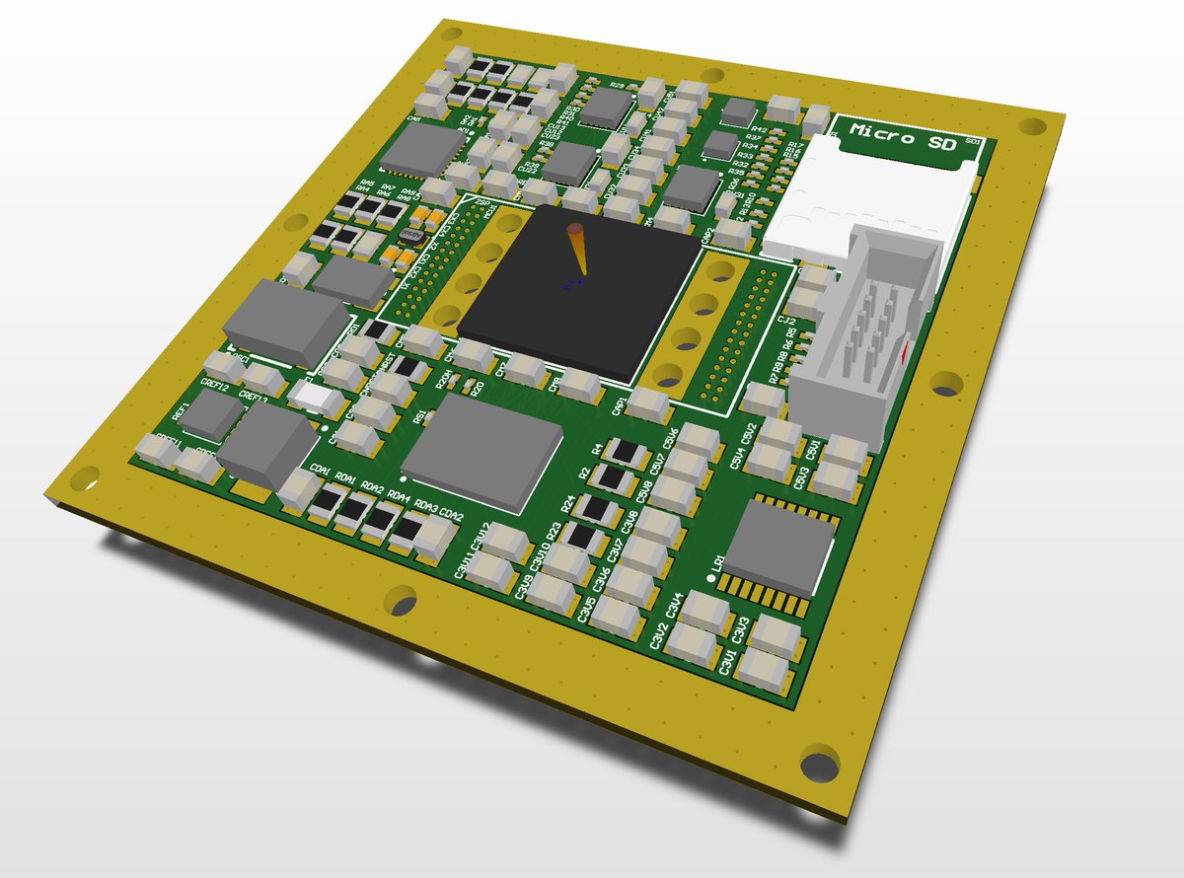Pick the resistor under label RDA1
point(327,506)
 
